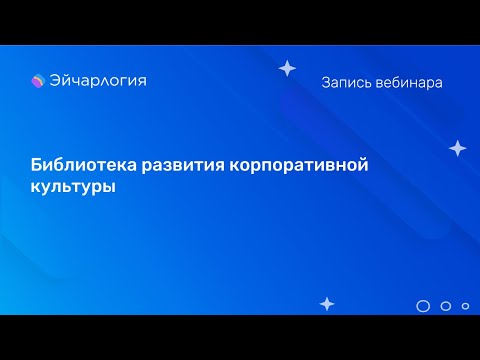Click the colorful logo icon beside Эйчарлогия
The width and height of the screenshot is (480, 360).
click(39, 82)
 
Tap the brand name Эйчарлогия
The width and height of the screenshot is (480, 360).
click(96, 81)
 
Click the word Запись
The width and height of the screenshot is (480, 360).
click(345, 83)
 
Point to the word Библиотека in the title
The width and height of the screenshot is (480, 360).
click(75, 164)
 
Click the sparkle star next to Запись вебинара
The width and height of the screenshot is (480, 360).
click(287, 68)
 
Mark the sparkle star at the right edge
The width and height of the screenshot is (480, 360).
click(457, 148)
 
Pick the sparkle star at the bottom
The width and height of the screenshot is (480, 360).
click(326, 303)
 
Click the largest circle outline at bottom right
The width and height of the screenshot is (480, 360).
click(423, 306)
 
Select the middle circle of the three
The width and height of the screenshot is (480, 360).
click(446, 306)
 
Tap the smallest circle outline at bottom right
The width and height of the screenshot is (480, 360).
click(463, 306)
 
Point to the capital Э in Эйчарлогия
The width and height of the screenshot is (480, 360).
click(55, 81)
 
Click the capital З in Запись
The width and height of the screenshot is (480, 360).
click(326, 83)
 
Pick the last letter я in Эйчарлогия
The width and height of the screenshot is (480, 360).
click(141, 82)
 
